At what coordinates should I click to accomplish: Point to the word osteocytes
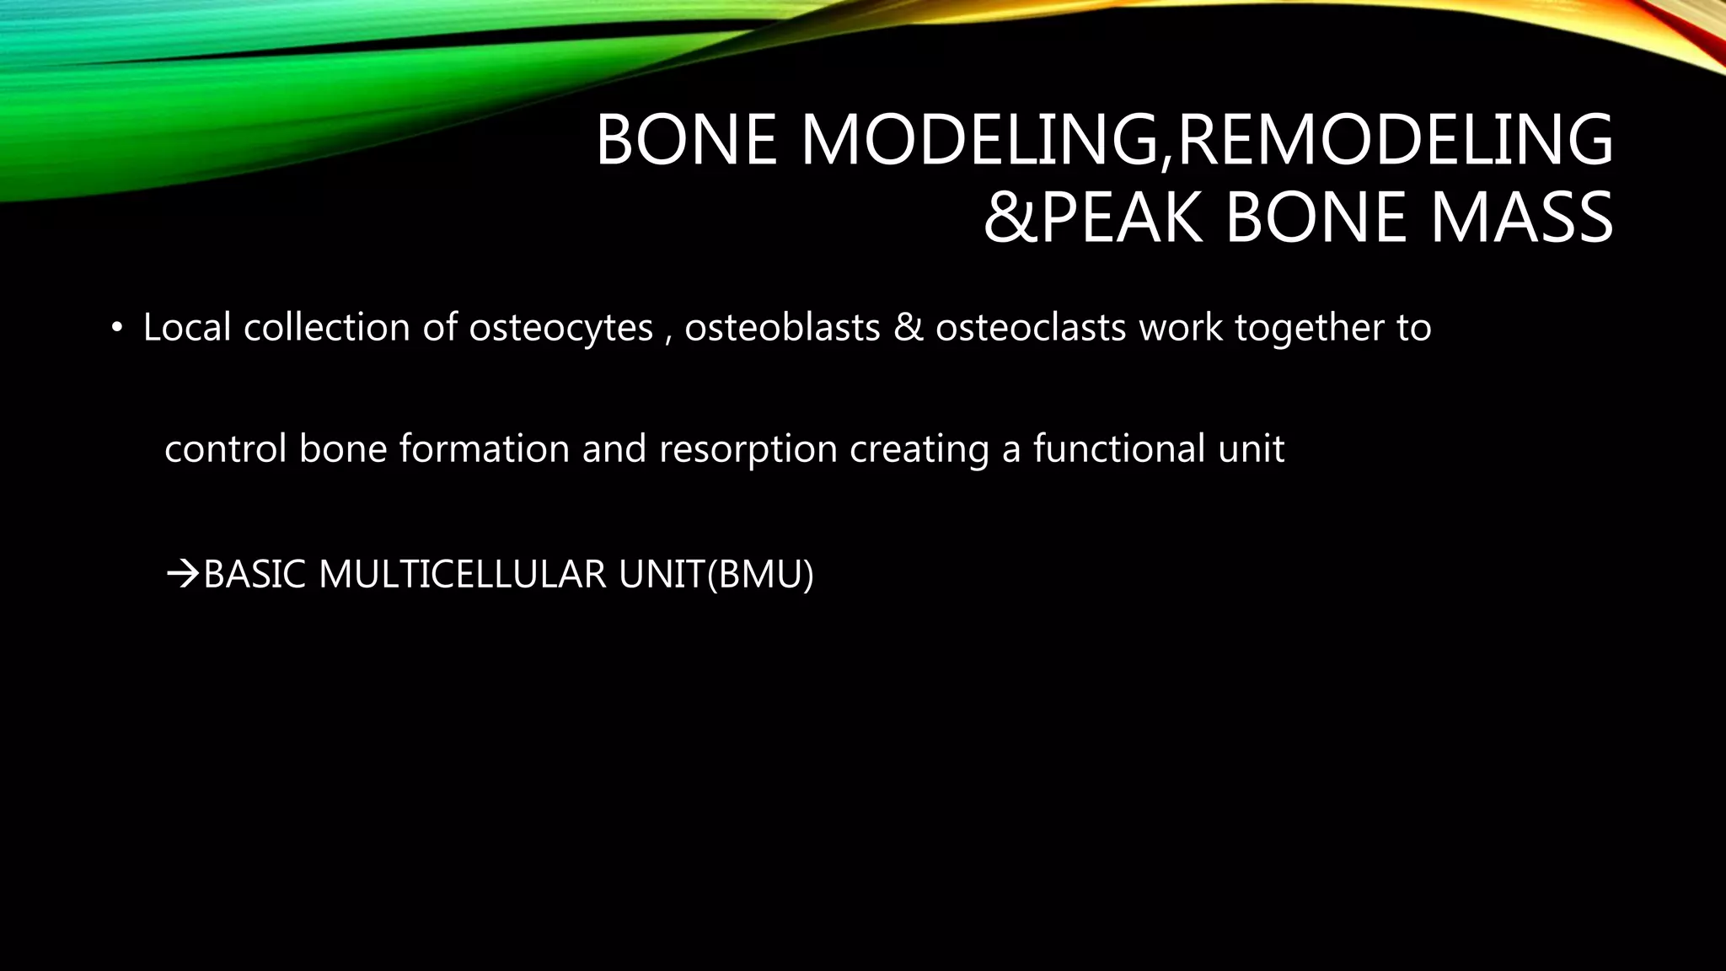pos(560,328)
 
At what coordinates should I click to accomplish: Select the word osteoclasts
pos(1030,327)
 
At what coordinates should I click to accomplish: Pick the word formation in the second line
pos(484,448)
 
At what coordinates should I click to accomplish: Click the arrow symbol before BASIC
pos(182,576)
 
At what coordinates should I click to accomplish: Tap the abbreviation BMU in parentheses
pos(760,575)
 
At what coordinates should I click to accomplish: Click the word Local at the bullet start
pos(187,327)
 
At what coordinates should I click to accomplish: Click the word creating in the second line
pos(919,449)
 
